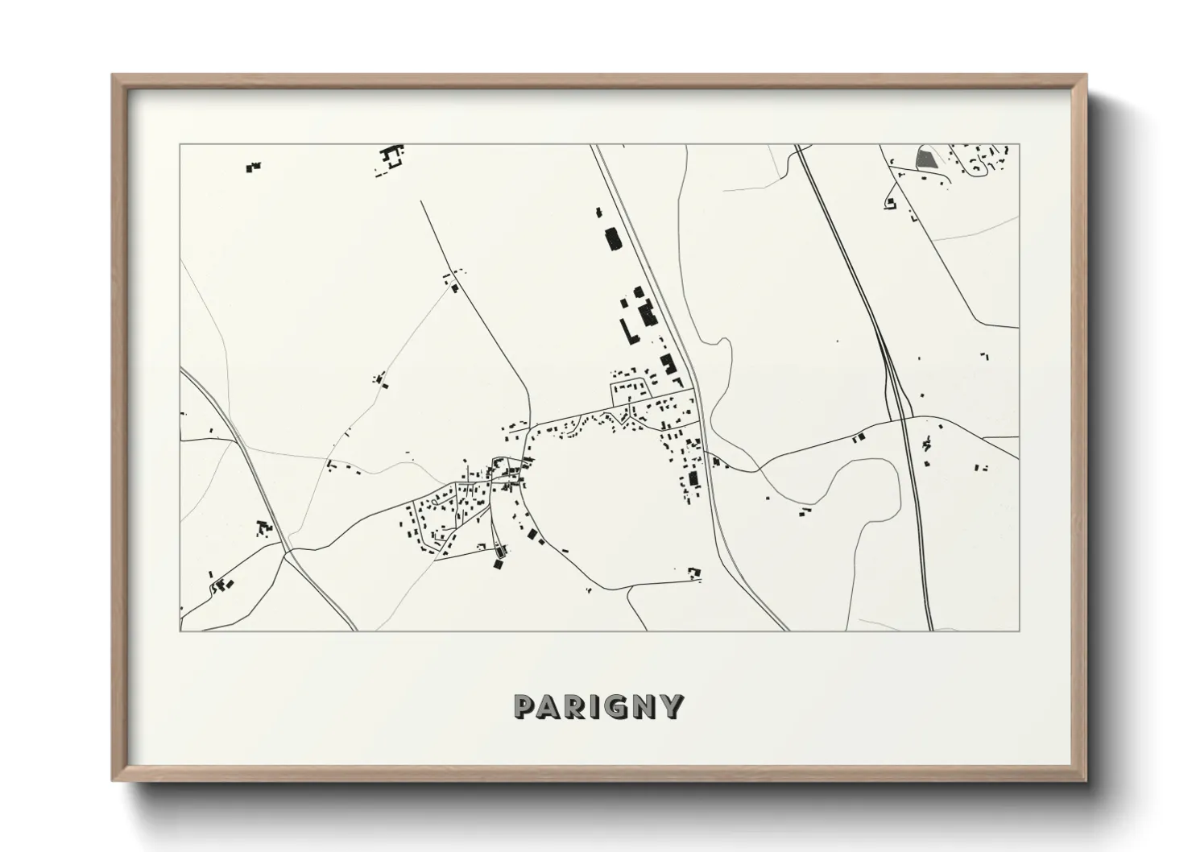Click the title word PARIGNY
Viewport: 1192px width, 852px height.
[x=599, y=706]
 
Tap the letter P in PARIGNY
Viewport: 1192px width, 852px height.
[x=524, y=706]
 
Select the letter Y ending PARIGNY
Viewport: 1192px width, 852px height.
[x=673, y=706]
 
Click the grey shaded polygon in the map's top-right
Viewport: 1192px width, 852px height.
[x=926, y=158]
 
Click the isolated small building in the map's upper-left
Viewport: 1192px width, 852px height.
[x=254, y=168]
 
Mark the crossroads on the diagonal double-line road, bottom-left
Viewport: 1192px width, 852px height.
[x=287, y=552]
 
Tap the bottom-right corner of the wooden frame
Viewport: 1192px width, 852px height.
[x=1085, y=780]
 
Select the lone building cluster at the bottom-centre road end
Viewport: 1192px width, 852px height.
[x=694, y=573]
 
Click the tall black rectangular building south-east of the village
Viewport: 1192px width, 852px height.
[x=692, y=479]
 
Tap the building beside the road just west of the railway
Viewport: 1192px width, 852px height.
[x=859, y=436]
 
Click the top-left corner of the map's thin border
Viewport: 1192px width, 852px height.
[x=180, y=145]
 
